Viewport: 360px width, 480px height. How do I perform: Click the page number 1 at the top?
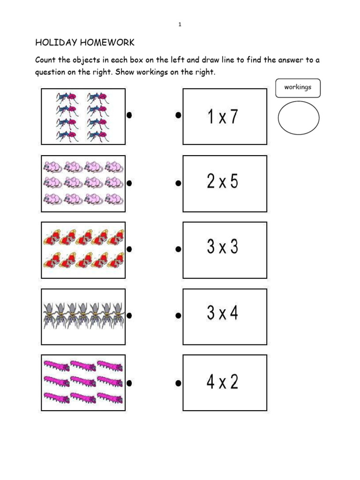click(180, 24)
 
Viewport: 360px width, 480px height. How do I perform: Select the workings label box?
click(298, 88)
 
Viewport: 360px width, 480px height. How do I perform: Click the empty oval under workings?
click(298, 118)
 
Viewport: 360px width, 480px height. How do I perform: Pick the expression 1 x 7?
click(223, 117)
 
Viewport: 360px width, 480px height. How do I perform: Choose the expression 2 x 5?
click(223, 181)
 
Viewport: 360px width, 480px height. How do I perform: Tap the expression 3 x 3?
click(223, 247)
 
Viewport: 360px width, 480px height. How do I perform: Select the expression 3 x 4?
click(223, 313)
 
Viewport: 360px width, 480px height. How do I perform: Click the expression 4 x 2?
click(223, 382)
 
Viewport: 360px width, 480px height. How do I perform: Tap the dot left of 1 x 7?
click(178, 115)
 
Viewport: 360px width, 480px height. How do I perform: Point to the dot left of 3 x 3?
click(178, 249)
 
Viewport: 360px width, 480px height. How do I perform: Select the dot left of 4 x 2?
click(178, 383)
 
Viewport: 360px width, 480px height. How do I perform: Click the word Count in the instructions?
click(46, 60)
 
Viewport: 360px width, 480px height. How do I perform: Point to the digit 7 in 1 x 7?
click(233, 117)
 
